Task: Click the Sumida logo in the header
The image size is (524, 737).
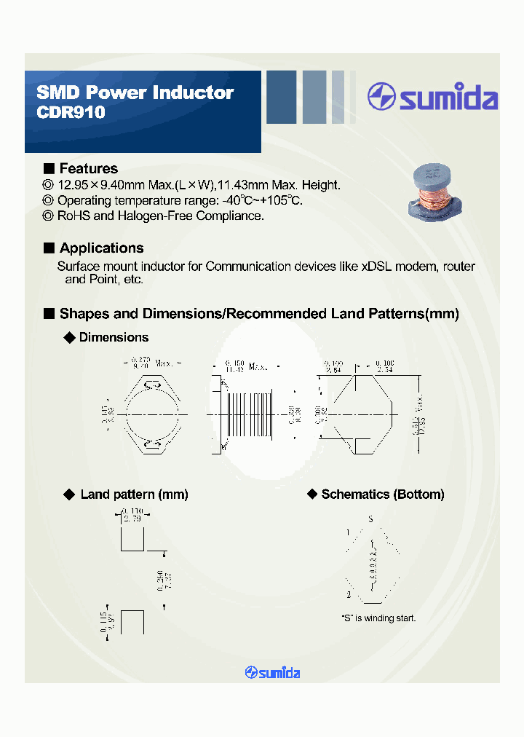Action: pyautogui.click(x=432, y=97)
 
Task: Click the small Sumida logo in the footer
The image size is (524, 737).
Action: pyautogui.click(x=273, y=673)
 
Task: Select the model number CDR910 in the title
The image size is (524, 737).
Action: pyautogui.click(x=71, y=113)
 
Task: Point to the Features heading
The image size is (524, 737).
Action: pyautogui.click(x=88, y=168)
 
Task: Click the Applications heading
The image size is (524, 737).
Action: pyautogui.click(x=101, y=248)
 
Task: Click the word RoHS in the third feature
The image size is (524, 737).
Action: pyautogui.click(x=74, y=216)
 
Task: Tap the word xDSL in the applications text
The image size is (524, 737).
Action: pyautogui.click(x=378, y=267)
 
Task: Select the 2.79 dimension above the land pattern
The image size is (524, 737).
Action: pyautogui.click(x=132, y=518)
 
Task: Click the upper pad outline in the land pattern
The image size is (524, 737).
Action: pyautogui.click(x=132, y=540)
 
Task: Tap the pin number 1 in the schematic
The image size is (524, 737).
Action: pyautogui.click(x=348, y=533)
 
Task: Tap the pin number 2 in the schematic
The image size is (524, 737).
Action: pyautogui.click(x=348, y=595)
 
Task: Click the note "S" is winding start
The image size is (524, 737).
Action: pyautogui.click(x=378, y=618)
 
